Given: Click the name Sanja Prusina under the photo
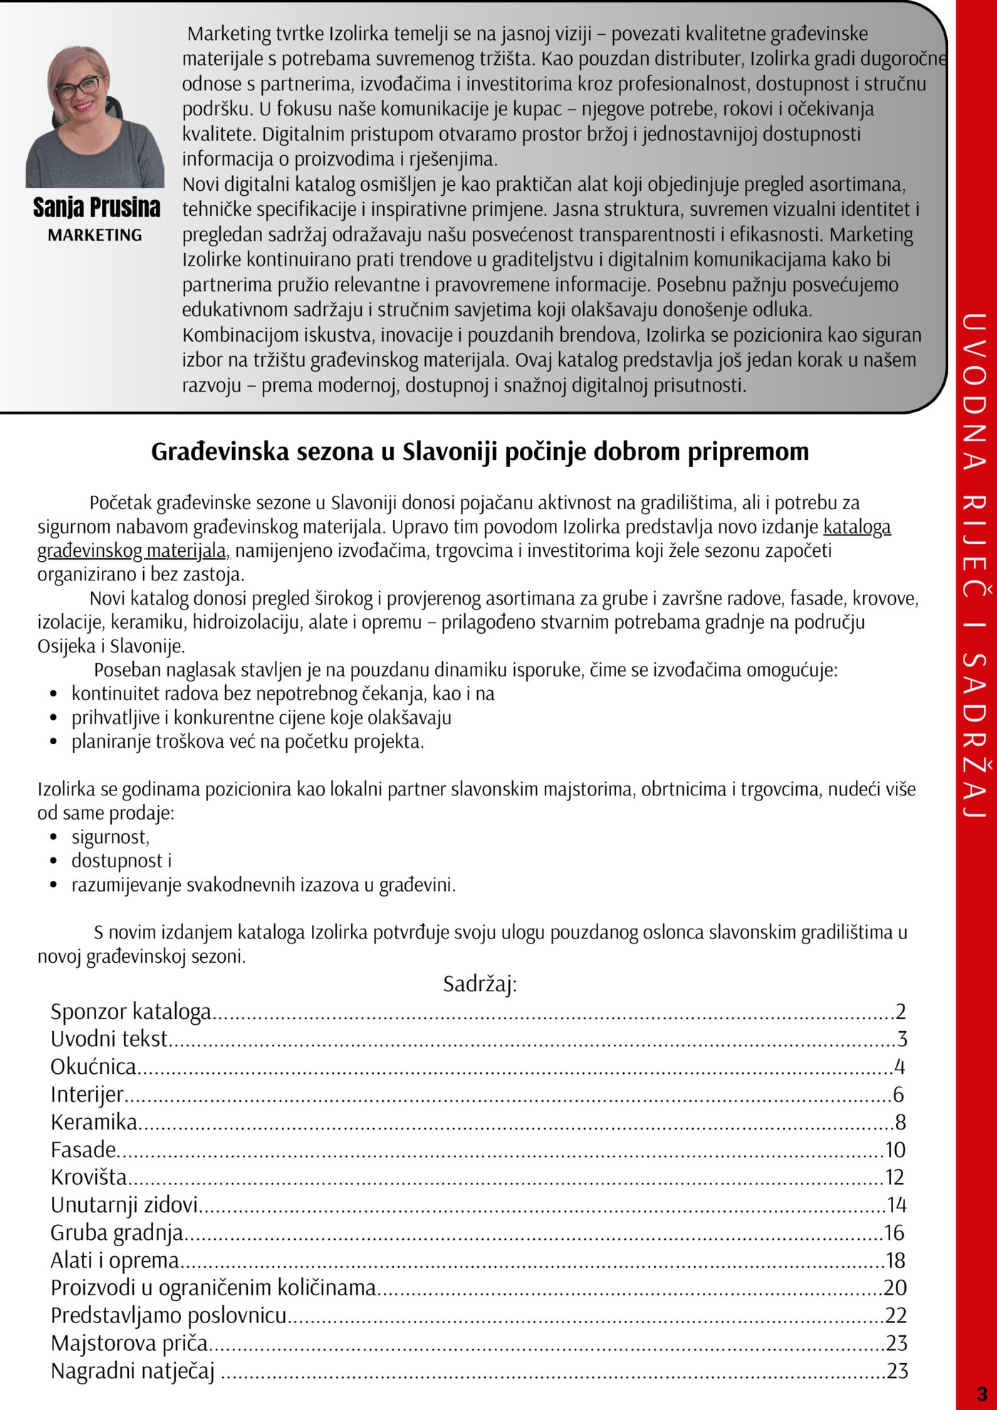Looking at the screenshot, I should point(96,208).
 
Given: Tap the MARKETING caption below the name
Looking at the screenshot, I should point(95,235).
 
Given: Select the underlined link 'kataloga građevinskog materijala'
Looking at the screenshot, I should point(857,527).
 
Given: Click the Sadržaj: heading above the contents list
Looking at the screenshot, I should point(479,984).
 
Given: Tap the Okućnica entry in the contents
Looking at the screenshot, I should point(93,1067).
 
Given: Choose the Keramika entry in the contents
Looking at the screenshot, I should point(94,1122).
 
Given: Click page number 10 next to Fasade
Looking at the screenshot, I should point(895,1150).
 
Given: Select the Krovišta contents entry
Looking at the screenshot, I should point(89,1177).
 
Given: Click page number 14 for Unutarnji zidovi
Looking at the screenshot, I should point(896,1205).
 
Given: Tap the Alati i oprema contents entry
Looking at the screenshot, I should point(115,1260).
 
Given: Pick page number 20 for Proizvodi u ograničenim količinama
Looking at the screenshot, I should point(895,1288).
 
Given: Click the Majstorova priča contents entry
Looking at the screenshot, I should point(129,1344).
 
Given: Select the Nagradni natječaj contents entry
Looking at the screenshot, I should point(132,1372).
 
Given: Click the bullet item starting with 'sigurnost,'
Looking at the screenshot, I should point(110,837).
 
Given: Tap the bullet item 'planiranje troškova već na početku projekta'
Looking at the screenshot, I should point(247,741).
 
